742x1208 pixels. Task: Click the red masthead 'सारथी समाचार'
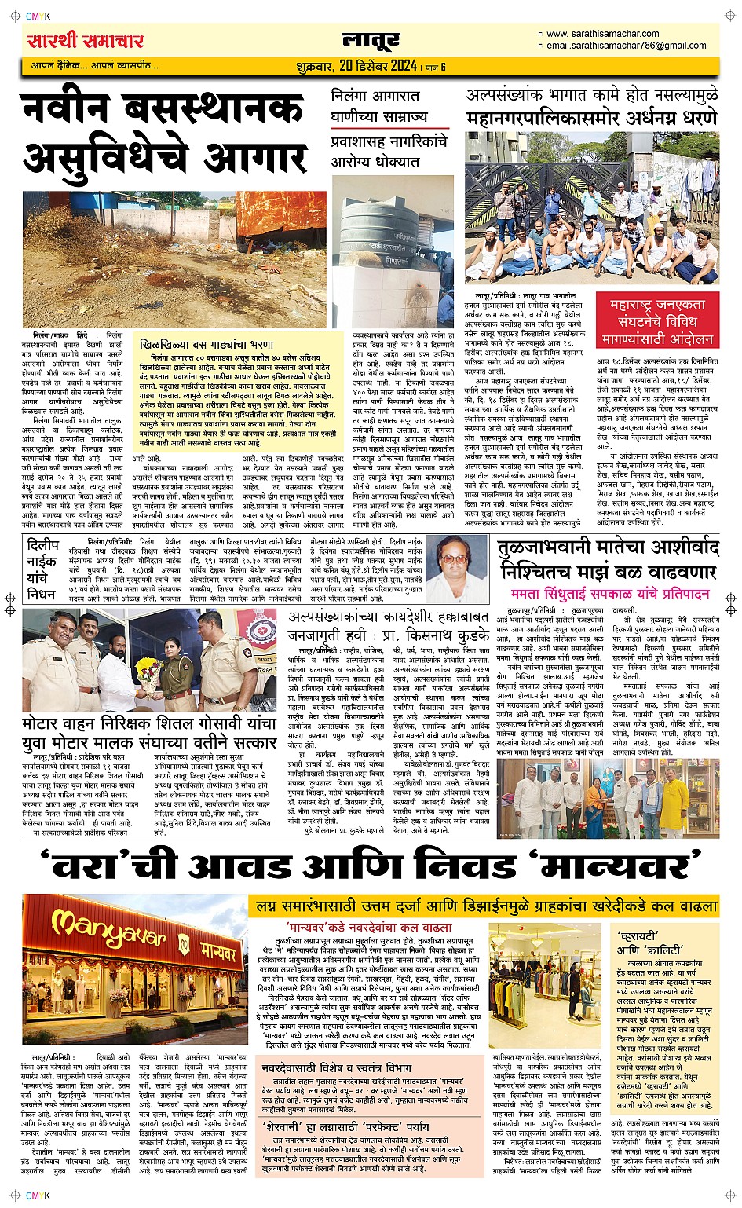tap(85, 41)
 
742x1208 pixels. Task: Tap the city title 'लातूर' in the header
tap(371, 40)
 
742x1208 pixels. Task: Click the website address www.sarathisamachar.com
tap(602, 34)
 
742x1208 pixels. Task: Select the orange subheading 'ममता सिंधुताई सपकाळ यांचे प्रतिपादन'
tap(609, 594)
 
